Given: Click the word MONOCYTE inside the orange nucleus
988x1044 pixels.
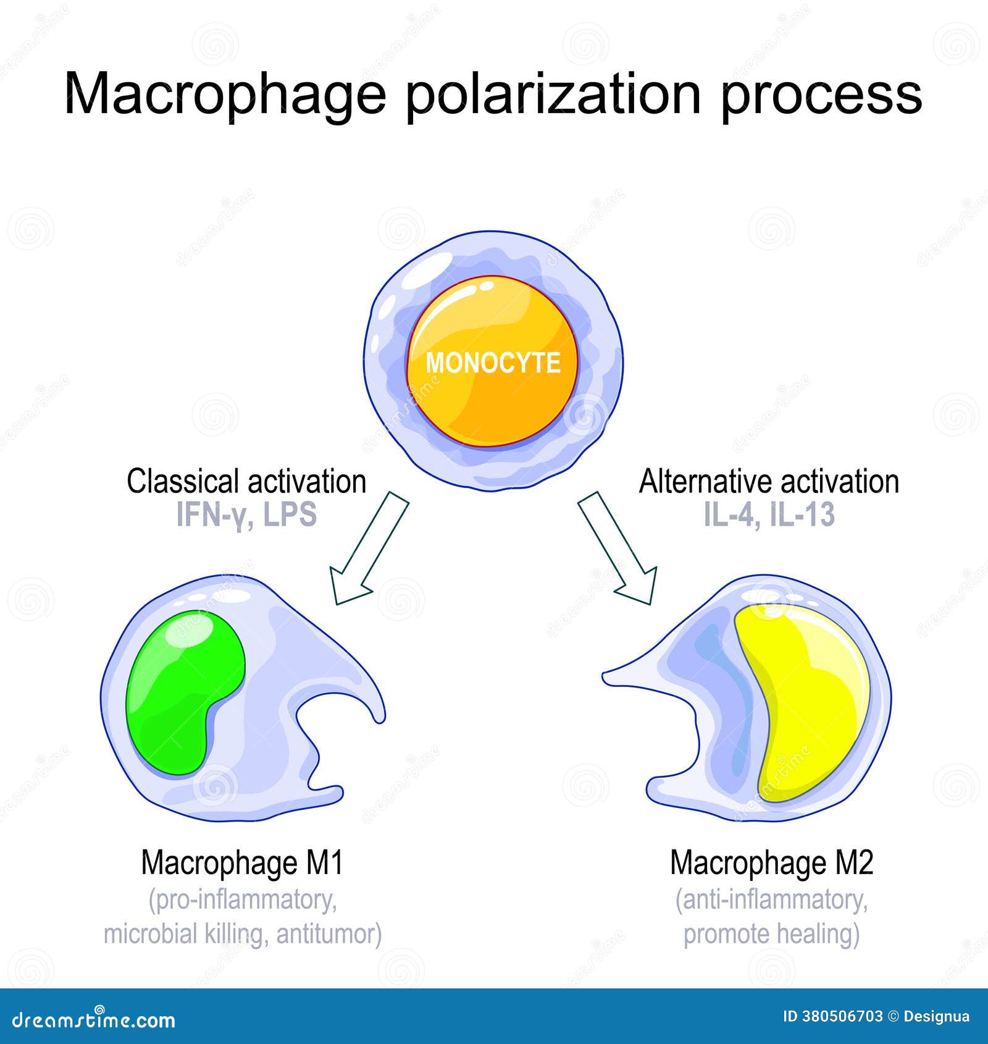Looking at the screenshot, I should (x=493, y=363).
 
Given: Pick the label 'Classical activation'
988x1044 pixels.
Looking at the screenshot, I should (x=246, y=482).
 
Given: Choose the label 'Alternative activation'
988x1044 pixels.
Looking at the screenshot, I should (x=769, y=482).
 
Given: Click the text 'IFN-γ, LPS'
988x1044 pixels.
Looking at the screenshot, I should (x=246, y=515).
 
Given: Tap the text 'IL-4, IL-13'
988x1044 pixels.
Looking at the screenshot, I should (x=769, y=515).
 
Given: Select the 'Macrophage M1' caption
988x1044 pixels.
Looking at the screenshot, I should (x=242, y=863).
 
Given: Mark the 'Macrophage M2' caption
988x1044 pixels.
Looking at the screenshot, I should (x=772, y=863).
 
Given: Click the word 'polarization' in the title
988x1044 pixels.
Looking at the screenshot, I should (x=553, y=94).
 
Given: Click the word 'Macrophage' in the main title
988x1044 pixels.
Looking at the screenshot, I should (x=225, y=94).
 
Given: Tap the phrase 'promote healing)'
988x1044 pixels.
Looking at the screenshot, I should (x=772, y=934).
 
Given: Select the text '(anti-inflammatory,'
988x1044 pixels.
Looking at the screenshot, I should (x=772, y=900).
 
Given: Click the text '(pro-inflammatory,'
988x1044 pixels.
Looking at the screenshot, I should (x=243, y=900).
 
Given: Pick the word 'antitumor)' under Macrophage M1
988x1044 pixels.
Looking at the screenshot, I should (x=329, y=934).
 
